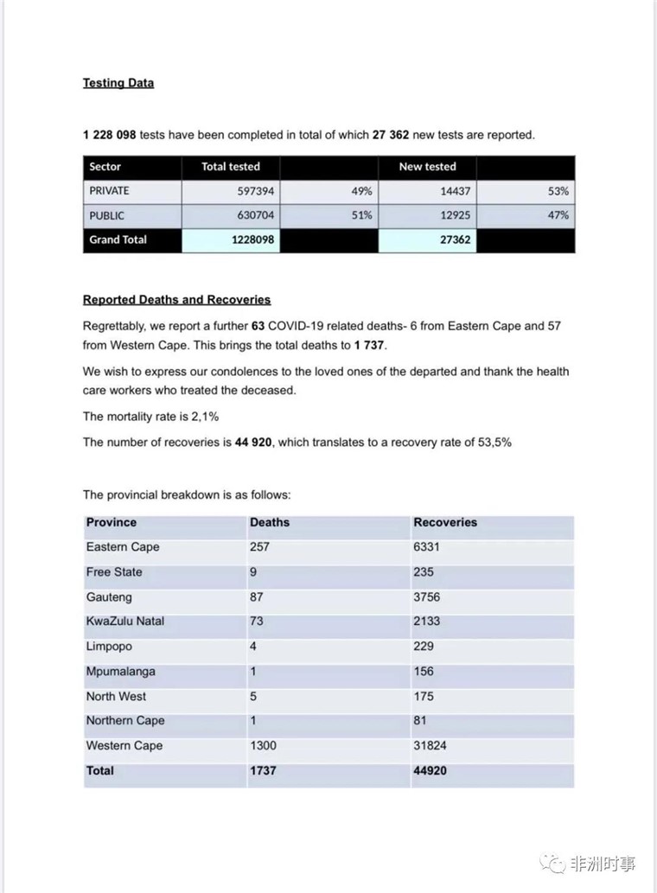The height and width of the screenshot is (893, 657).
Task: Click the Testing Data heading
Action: coord(118,83)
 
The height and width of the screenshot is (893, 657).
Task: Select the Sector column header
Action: coord(105,167)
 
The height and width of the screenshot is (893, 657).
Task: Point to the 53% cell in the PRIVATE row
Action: coord(558,191)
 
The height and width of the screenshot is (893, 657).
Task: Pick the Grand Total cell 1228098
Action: coord(253,239)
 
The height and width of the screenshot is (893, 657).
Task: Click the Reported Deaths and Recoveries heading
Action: coord(176,300)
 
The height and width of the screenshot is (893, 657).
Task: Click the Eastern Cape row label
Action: coord(123,547)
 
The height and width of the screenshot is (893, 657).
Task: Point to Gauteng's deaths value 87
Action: coord(257,596)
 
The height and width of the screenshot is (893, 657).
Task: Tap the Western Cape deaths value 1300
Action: coord(263,745)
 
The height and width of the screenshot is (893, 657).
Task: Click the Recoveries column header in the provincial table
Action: coord(445,522)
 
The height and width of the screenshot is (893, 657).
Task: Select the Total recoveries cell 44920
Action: coord(431,770)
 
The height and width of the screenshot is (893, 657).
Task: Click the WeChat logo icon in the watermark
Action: coord(552,863)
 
